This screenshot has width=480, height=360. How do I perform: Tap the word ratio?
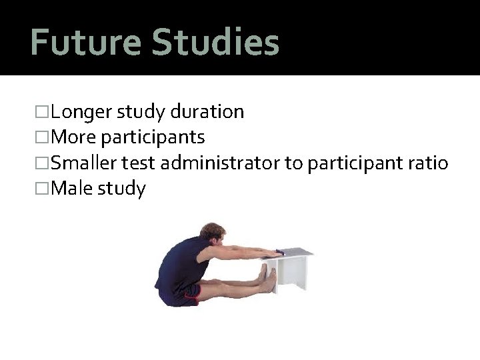[x=428, y=163]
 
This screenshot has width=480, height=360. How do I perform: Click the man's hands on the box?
[x=273, y=253]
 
